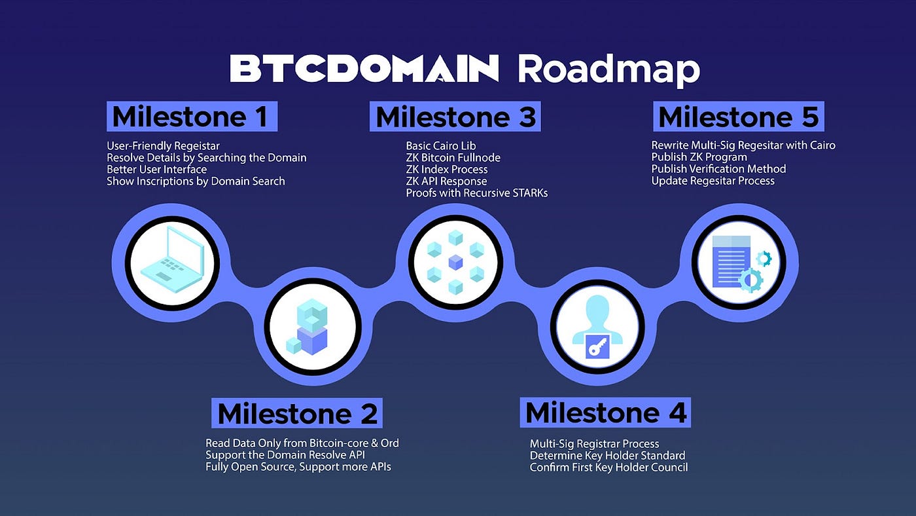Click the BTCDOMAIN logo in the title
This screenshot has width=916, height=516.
pos(364,69)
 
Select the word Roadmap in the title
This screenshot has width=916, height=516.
pos(608,69)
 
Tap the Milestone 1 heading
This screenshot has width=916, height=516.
pos(191,117)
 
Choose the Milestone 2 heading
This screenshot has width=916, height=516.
pos(297,413)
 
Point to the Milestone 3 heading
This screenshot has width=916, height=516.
pos(455,117)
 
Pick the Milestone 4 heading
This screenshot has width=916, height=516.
pos(606,413)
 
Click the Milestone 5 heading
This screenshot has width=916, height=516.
pos(738,117)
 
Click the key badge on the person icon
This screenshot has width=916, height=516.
pos(597,345)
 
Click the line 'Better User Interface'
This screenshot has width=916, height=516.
pos(157,169)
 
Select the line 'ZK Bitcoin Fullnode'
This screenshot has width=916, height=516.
pos(453,157)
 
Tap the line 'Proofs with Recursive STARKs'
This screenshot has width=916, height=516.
pos(476,193)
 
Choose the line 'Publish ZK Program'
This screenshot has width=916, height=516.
pos(699,157)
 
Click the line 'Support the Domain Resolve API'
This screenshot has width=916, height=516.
pos(285,454)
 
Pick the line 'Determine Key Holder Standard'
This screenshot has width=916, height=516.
pos(607,455)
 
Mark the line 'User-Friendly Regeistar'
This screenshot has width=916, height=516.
pos(163,145)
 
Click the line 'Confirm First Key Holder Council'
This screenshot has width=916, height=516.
pos(608,467)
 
